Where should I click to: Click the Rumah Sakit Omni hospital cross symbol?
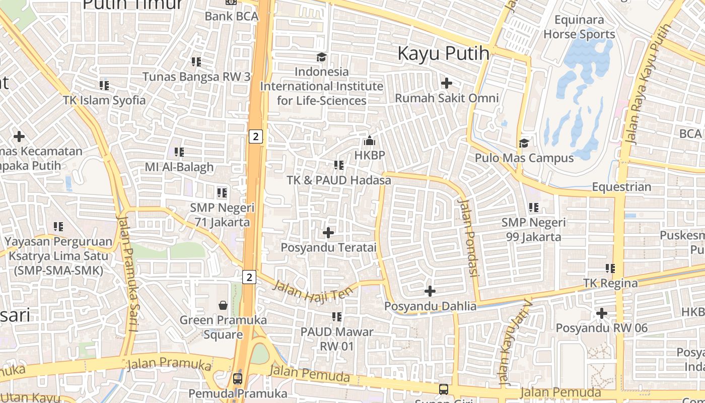[446, 83]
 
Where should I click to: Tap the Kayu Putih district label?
[444, 53]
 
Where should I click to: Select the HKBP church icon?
[370, 141]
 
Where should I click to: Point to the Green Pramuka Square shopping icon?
[223, 305]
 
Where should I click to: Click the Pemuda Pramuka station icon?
[237, 378]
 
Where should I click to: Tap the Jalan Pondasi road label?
[468, 237]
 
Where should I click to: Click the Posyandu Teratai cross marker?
[328, 233]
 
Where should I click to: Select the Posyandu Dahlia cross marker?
[430, 291]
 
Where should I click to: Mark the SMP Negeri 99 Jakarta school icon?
[534, 207]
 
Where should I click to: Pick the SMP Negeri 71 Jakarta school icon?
[222, 192]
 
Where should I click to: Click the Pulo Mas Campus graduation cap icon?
[524, 144]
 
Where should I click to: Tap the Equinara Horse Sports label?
[579, 27]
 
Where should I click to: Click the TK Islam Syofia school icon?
[104, 85]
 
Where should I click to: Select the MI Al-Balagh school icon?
[179, 152]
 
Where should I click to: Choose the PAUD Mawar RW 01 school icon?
[337, 317]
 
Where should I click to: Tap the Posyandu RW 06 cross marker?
[601, 313]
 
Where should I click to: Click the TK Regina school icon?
[610, 268]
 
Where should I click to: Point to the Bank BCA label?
[231, 16]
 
